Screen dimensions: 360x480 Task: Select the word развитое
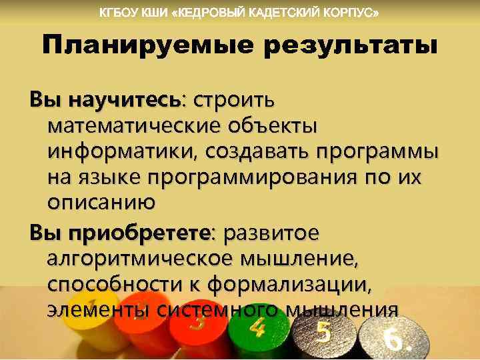pos(273,234)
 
